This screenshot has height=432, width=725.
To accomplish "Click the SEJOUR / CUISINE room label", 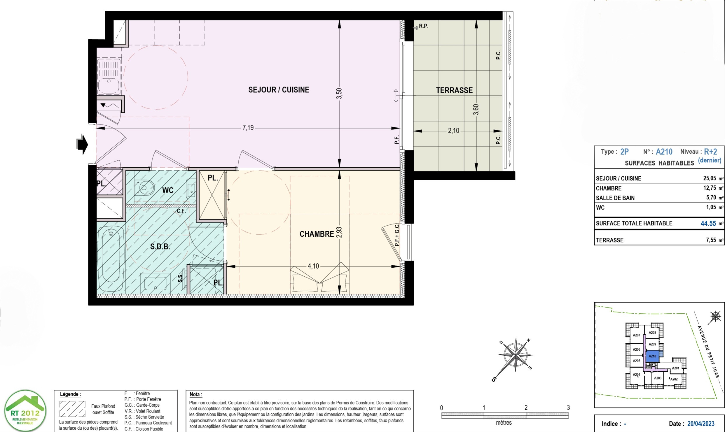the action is (279, 90).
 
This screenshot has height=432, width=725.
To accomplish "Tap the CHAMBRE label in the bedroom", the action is (317, 234).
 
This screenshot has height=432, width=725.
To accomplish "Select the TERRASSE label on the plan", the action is (454, 90).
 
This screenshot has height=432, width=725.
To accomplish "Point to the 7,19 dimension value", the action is (248, 128).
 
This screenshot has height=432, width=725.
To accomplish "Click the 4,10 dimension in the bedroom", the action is (313, 266).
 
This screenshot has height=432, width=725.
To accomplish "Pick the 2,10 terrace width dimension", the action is (453, 131).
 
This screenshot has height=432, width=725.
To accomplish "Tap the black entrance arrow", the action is (82, 144).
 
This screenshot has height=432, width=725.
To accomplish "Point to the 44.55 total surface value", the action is (708, 224).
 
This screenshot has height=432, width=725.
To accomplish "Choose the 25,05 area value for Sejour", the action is (710, 178).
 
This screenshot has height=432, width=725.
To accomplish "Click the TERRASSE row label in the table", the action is (609, 240).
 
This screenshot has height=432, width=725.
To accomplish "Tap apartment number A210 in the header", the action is (664, 152).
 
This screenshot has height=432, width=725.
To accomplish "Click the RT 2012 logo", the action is (25, 411).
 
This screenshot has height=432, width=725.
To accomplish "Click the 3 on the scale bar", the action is (568, 408).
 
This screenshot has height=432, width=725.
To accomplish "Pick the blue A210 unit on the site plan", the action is (652, 356).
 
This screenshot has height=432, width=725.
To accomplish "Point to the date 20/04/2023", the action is (701, 424).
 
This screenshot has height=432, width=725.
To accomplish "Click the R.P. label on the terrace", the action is (424, 26).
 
